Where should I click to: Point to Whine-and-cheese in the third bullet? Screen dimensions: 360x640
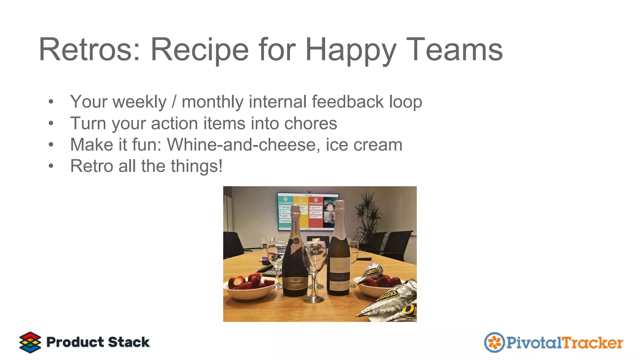242,144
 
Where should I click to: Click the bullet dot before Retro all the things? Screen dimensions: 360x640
51,166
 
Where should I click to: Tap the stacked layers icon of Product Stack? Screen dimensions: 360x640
30,342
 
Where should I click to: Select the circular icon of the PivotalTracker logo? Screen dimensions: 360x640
494,342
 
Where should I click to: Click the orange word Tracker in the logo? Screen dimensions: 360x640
592,342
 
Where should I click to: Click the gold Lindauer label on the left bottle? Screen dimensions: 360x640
295,283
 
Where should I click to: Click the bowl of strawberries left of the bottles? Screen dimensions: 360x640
250,286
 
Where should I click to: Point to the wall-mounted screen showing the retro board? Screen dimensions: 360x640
308,212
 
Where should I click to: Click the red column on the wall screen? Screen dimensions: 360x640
316,212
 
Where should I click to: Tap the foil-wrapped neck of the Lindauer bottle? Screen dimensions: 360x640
295,219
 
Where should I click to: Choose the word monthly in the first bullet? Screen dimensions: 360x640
212,102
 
